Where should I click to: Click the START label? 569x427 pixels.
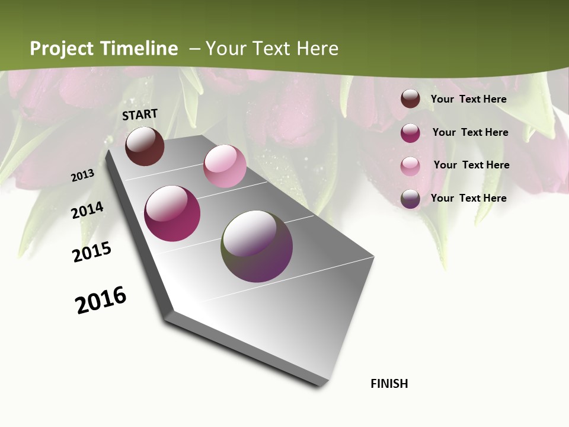(x=140, y=114)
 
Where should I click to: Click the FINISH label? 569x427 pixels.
(x=389, y=384)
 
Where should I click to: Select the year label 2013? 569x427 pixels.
(x=82, y=176)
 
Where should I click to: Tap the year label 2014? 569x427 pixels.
(x=87, y=210)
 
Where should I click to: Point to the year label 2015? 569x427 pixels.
(x=92, y=252)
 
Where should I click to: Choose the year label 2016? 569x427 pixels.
(x=101, y=299)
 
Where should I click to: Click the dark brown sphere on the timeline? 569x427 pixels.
(x=145, y=146)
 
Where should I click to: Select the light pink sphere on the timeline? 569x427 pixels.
(x=225, y=166)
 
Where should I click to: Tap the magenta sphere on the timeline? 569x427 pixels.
(x=172, y=213)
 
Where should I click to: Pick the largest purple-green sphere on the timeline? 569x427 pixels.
(x=257, y=246)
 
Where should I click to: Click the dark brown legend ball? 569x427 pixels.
(x=410, y=99)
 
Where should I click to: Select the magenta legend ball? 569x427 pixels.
(x=410, y=133)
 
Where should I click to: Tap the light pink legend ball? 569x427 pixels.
(x=410, y=165)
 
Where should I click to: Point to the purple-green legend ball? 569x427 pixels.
(x=410, y=199)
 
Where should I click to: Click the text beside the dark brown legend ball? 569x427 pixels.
(x=468, y=99)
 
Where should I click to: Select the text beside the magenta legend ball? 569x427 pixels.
(x=470, y=132)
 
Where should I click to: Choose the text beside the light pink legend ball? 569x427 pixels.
(x=471, y=165)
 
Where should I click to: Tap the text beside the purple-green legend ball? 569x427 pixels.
(x=468, y=198)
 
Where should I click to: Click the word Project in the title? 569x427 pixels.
(x=62, y=49)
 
